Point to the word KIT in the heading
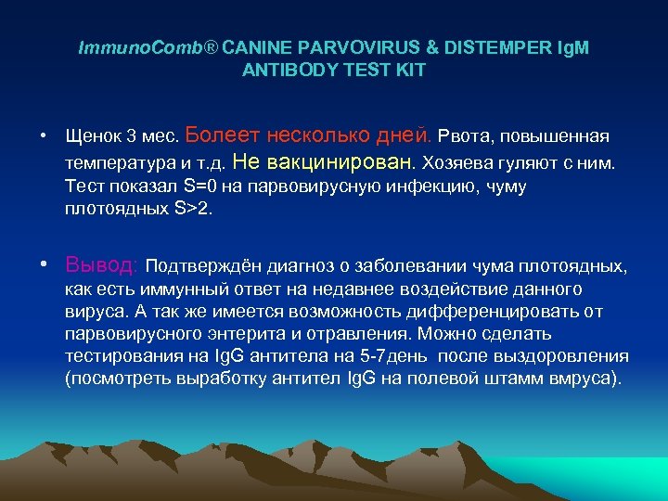pos(410,71)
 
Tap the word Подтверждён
pos(204,268)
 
